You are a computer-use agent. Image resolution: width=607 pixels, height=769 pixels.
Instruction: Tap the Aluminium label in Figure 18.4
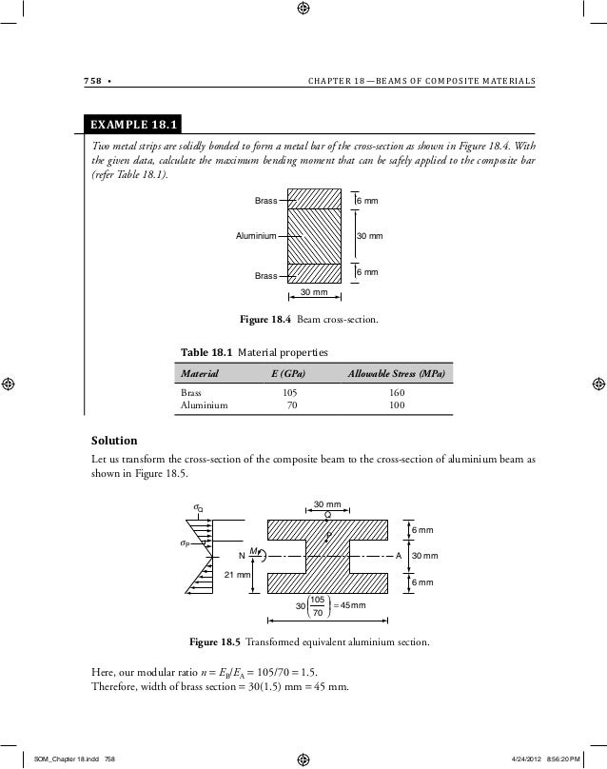pyautogui.click(x=256, y=235)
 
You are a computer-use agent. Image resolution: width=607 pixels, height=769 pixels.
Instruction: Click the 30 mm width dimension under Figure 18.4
pyautogui.click(x=314, y=291)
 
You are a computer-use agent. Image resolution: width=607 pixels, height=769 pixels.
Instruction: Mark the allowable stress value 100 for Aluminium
pyautogui.click(x=397, y=404)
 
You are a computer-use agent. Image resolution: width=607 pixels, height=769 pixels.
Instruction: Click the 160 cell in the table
pyautogui.click(x=397, y=391)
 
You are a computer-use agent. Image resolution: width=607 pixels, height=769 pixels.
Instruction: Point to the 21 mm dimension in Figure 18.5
pyautogui.click(x=236, y=575)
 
